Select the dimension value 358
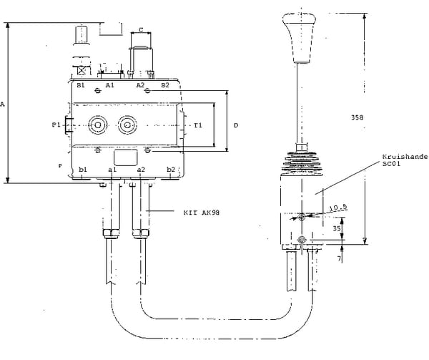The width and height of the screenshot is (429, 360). click(x=359, y=117)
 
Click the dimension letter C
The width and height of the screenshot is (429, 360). click(x=141, y=29)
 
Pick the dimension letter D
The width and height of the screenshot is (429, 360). click(x=235, y=125)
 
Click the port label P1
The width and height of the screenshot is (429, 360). click(x=56, y=125)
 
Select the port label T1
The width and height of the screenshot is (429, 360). click(x=198, y=125)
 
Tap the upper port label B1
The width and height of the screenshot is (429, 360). click(x=81, y=85)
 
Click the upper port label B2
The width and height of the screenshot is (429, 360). click(x=165, y=85)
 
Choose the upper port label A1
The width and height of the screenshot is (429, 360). click(x=109, y=85)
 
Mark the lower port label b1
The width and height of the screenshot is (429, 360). click(x=83, y=169)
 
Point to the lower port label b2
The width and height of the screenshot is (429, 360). click(x=171, y=169)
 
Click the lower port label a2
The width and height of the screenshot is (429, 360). click(x=141, y=169)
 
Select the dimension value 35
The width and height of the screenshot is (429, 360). click(x=337, y=229)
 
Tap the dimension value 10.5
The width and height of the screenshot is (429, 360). click(x=337, y=209)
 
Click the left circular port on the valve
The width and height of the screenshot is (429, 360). click(x=97, y=125)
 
